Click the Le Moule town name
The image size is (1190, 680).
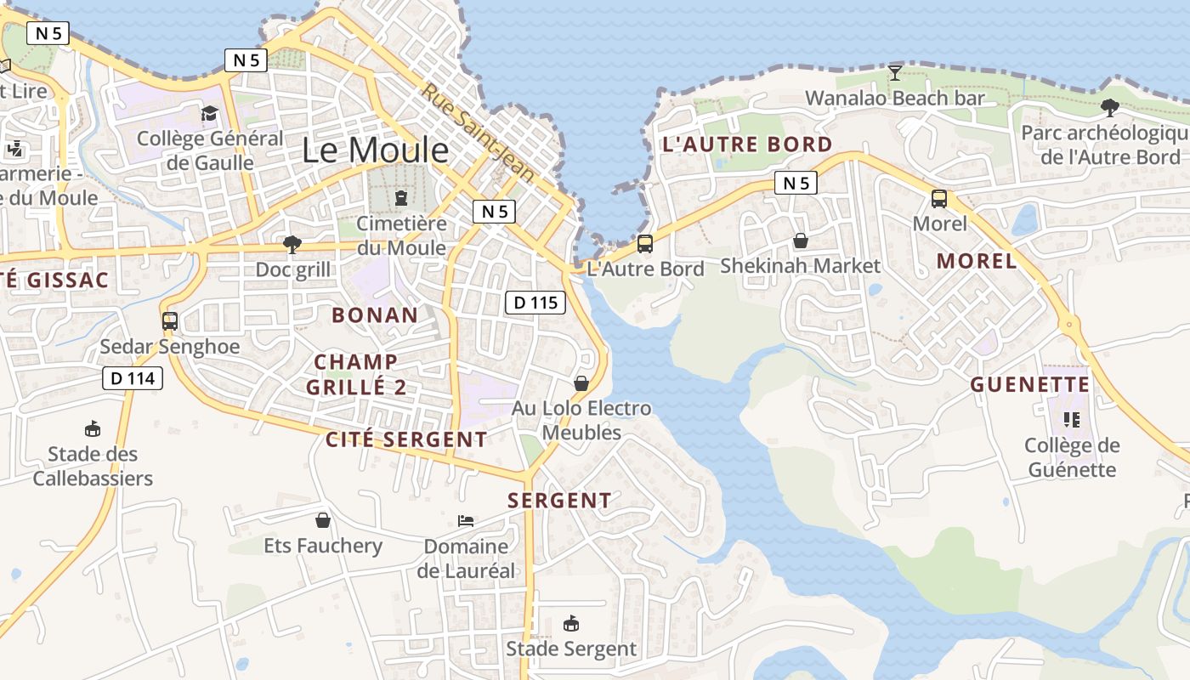375,150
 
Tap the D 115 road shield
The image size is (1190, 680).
535,302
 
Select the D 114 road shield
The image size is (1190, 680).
133,378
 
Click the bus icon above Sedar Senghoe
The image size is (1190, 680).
170,321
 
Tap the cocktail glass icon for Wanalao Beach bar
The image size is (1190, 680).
894,73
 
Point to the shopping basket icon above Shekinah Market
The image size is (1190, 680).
800,241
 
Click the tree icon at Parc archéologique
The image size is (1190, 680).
1109,108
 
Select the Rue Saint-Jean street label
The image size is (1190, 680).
479,132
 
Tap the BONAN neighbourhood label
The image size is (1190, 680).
375,315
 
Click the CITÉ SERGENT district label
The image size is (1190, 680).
406,439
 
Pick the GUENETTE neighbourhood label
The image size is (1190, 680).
1029,385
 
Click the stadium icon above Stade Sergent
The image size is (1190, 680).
571,625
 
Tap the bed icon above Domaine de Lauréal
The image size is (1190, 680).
466,520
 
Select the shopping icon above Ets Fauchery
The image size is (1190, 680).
323,520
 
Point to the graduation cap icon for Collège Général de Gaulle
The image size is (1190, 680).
209,113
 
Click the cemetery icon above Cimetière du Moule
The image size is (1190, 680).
400,198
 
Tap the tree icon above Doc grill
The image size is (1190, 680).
292,245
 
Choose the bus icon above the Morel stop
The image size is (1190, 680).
939,199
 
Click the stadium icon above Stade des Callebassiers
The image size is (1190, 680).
93,428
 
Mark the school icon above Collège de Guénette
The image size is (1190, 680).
1071,420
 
